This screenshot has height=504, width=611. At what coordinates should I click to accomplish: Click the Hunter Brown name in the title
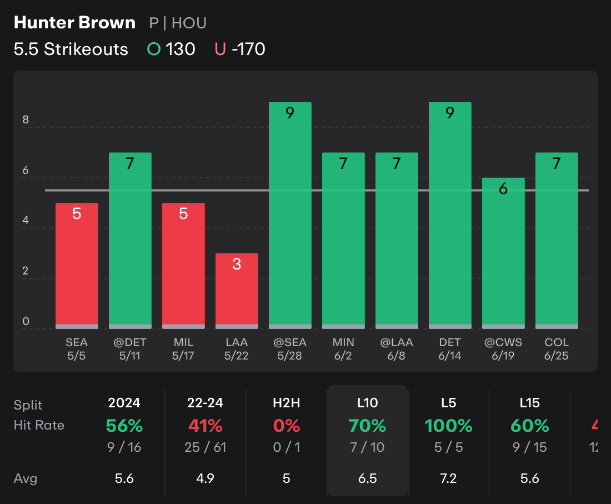[x=74, y=23]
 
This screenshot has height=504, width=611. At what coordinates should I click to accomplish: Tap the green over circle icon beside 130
[x=154, y=49]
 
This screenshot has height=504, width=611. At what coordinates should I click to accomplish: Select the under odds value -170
[x=248, y=49]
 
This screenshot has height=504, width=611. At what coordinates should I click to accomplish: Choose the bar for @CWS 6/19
[x=503, y=253]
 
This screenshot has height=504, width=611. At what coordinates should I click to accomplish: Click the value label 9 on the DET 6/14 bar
[x=450, y=113]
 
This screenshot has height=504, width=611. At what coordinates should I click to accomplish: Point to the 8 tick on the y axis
[x=26, y=120]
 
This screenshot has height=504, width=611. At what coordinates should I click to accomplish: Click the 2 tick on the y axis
[x=26, y=271]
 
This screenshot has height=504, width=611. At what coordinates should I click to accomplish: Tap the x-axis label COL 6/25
[x=557, y=349]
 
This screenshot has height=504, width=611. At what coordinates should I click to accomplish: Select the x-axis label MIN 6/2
[x=343, y=349]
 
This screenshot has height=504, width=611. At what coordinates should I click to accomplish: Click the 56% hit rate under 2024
[x=124, y=426]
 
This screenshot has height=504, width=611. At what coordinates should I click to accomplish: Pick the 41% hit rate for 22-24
[x=206, y=426]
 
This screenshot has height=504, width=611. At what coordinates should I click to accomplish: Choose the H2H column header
[x=287, y=403]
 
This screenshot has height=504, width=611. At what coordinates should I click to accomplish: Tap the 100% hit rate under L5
[x=448, y=426]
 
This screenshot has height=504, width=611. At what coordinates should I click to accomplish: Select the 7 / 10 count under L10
[x=367, y=447]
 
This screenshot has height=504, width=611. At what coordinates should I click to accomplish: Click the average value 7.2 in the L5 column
[x=448, y=478]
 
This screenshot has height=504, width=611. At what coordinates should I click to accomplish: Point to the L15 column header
[x=529, y=403]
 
